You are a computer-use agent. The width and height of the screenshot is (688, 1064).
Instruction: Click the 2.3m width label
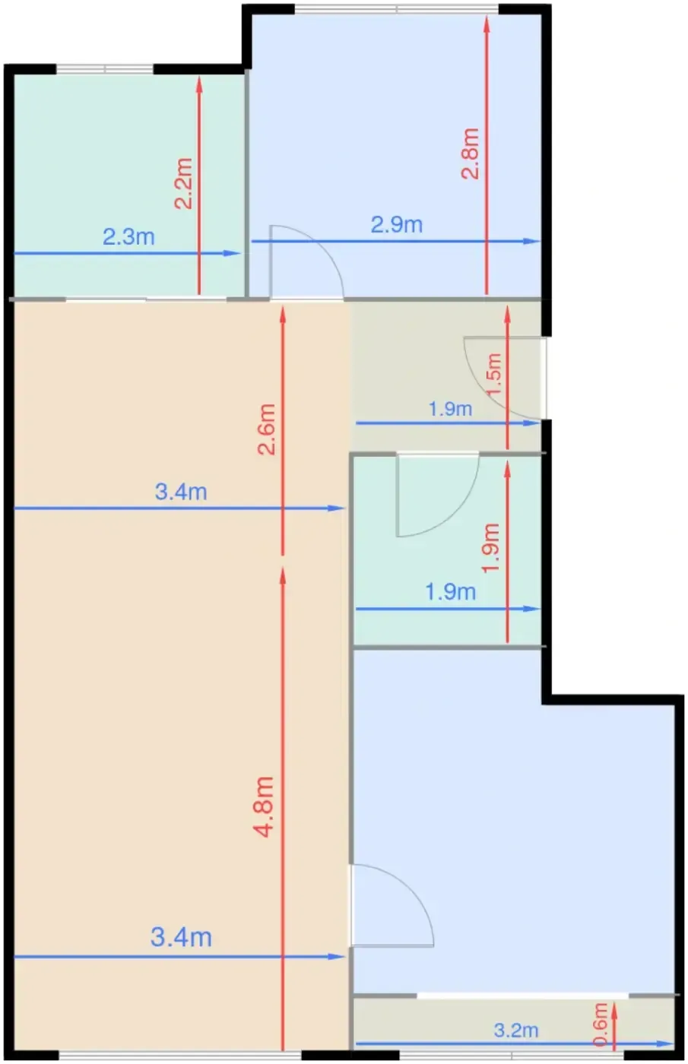click(128, 237)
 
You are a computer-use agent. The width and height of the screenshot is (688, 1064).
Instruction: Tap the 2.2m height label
click(183, 183)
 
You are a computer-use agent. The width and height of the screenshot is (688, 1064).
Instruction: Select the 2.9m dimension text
click(396, 225)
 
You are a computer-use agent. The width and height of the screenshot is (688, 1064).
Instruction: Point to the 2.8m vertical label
click(470, 153)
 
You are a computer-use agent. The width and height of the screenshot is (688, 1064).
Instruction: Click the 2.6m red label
click(266, 429)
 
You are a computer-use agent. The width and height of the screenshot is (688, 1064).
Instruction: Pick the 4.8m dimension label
click(264, 807)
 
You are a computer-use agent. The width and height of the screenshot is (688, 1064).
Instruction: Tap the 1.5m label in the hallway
click(494, 374)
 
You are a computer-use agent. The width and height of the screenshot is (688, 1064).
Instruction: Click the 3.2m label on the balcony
click(516, 1031)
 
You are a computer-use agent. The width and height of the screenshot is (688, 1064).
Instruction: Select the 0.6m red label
click(601, 1024)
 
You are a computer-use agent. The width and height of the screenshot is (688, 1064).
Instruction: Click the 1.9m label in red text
click(491, 548)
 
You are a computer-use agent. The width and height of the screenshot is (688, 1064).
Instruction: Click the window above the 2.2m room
click(105, 69)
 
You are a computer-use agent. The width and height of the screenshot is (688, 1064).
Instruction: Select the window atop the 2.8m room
click(397, 9)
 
